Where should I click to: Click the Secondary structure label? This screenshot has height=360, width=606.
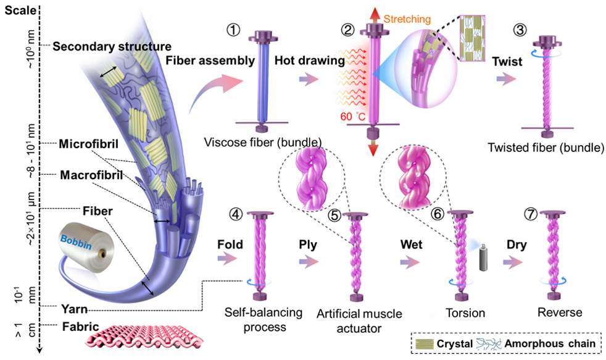click(x=112, y=46)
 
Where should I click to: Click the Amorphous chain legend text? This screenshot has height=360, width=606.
click(x=553, y=342)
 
